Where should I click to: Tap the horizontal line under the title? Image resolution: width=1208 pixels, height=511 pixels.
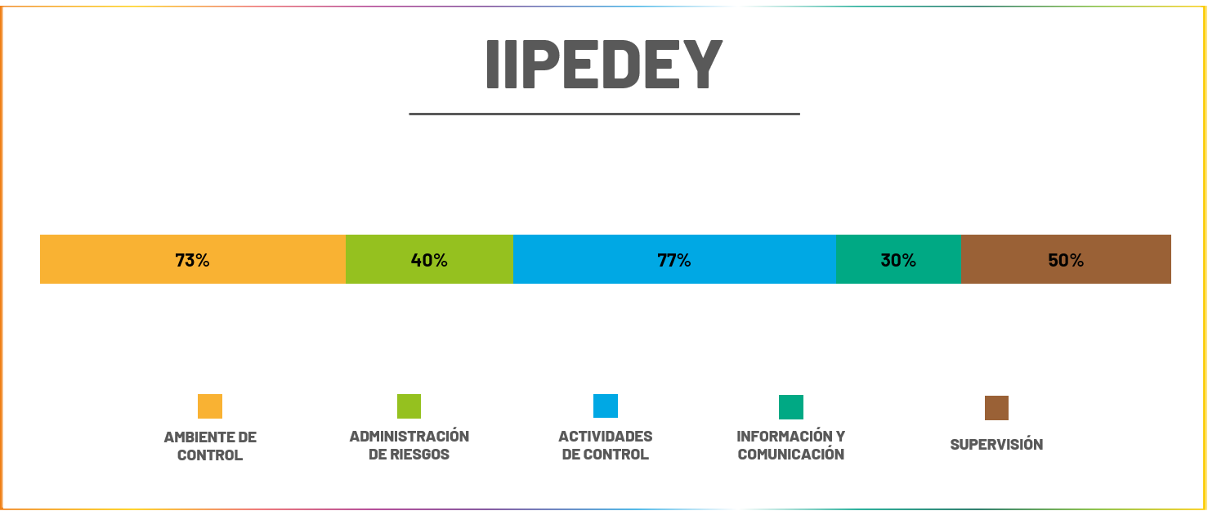tap(604, 114)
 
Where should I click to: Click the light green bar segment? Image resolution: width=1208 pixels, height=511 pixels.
tap(384, 259)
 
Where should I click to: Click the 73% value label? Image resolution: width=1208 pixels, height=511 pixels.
tap(193, 260)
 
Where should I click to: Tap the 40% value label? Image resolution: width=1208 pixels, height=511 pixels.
tap(429, 260)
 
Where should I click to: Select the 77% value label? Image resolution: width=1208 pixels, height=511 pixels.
tap(674, 260)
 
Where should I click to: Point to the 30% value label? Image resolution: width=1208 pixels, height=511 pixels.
tap(898, 260)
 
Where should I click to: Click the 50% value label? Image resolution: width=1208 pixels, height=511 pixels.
tap(1066, 260)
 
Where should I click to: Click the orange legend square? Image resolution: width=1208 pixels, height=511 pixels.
tap(210, 406)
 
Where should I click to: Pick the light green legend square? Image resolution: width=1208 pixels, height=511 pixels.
tap(409, 406)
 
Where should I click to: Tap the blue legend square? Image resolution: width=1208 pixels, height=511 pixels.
tap(606, 406)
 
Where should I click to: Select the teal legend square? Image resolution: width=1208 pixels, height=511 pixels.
tap(791, 407)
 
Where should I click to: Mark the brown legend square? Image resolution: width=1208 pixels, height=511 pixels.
tap(996, 408)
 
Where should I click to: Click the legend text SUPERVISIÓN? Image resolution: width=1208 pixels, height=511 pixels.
tap(996, 445)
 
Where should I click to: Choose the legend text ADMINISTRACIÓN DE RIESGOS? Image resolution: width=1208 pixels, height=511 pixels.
tap(409, 446)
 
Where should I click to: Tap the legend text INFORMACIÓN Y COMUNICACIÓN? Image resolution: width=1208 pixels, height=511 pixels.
tap(791, 446)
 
